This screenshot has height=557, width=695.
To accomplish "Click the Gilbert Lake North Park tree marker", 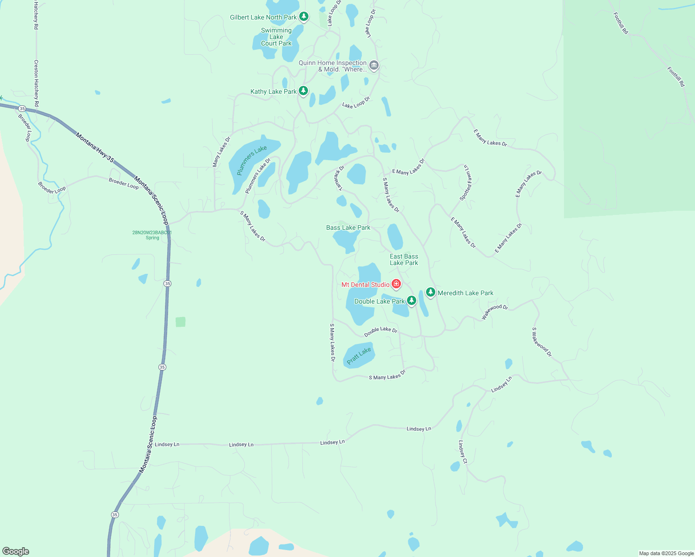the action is coord(304,17).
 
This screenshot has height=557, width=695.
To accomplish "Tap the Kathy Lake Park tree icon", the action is coord(303,91).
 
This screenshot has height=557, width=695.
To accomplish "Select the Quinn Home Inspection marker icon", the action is coord(374,65).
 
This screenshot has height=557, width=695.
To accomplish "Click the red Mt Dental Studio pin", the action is coord(396,284).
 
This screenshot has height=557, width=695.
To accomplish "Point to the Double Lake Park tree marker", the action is coord(411,300).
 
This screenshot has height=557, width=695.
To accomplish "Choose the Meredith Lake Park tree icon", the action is coord(431,292).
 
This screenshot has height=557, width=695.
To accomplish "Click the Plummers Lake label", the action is coord(252,160).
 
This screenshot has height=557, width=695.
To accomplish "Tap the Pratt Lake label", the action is coord(359,356).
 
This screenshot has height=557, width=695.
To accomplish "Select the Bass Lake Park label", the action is coord(348,227).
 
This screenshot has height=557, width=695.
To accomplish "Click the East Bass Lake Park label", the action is coord(404,259).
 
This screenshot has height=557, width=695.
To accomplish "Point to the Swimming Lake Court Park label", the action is coord(276,37).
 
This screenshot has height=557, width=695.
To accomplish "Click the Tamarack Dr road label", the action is coord(339,178).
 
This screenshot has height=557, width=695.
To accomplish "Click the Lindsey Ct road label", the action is coord(463,452).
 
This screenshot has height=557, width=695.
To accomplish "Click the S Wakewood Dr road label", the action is coord(542,342).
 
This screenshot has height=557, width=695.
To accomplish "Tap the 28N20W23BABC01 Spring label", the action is coord(152,235).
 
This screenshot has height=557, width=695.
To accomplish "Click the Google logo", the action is coord(16,551).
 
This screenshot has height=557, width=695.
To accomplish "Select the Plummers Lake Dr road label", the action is coord(258,176).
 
